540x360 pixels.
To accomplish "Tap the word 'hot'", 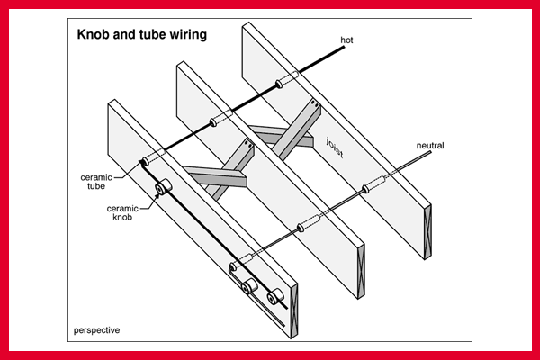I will tap(347, 40).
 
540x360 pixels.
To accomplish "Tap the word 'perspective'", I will tap(96, 330).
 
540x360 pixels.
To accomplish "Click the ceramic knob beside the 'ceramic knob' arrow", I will tap(162, 188).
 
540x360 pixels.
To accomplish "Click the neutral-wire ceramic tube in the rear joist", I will tap(372, 186).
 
